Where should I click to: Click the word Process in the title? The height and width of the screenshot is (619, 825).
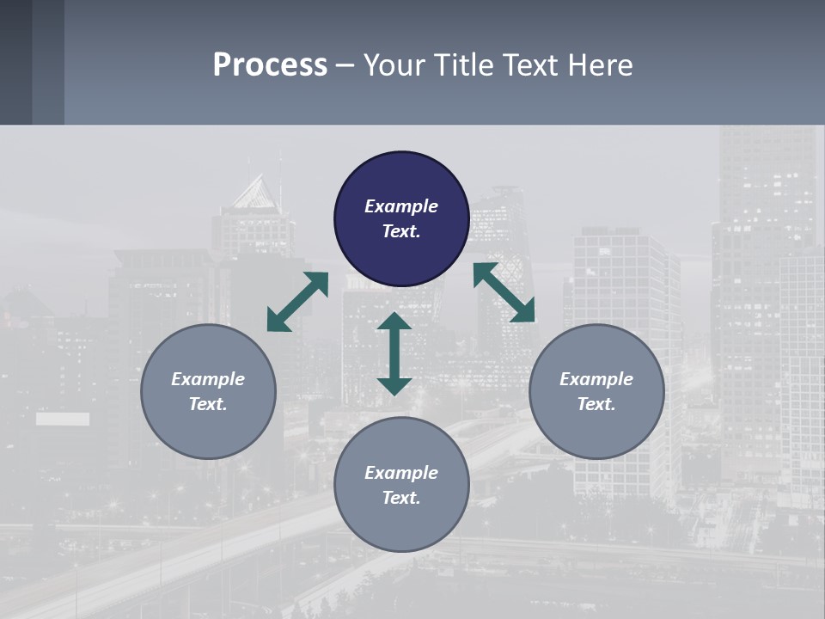click(x=270, y=65)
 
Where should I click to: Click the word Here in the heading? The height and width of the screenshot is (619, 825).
click(x=599, y=65)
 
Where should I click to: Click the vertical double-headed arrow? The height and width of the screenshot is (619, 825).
click(x=394, y=353)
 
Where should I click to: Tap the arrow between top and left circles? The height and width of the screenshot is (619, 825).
click(x=297, y=302)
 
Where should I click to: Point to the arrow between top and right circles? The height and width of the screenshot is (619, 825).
click(x=504, y=292)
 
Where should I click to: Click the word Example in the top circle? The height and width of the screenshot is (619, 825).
click(x=401, y=206)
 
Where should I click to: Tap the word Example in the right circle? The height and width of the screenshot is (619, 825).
click(x=596, y=379)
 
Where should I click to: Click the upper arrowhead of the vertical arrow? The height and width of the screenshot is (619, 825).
click(x=394, y=322)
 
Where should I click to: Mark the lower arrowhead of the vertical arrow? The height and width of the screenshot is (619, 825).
click(x=394, y=386)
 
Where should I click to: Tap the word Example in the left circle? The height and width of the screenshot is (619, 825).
click(x=208, y=379)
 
